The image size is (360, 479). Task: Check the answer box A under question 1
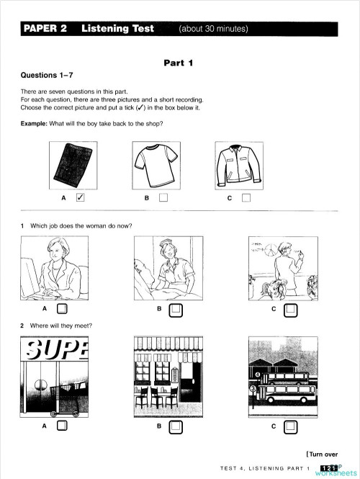pos(62,310)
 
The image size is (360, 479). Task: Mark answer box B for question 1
pos(176,310)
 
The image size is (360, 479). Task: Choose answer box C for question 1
pos(290,310)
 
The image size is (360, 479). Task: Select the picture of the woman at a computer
pos(56,269)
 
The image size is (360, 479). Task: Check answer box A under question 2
pos(62,426)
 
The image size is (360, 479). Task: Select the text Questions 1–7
pos(48,75)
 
